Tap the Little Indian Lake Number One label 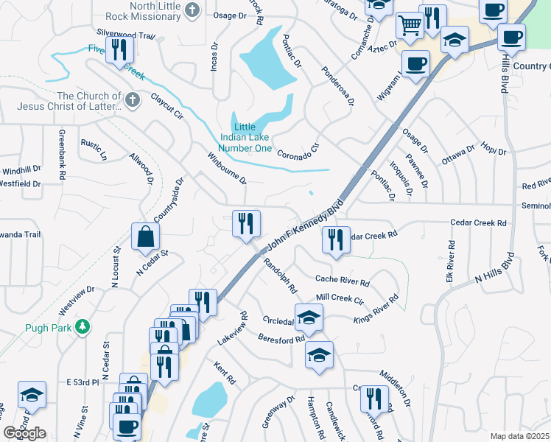point(244,137)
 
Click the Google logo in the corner point(24,433)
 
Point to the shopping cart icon point(410,26)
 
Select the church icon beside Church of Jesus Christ point(133,101)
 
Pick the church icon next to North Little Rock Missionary point(192,10)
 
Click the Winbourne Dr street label point(226,169)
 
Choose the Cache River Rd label point(342,279)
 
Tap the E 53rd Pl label point(83,382)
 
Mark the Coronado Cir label point(298,151)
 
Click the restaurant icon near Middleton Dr point(374,399)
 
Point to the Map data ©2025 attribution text point(519,436)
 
